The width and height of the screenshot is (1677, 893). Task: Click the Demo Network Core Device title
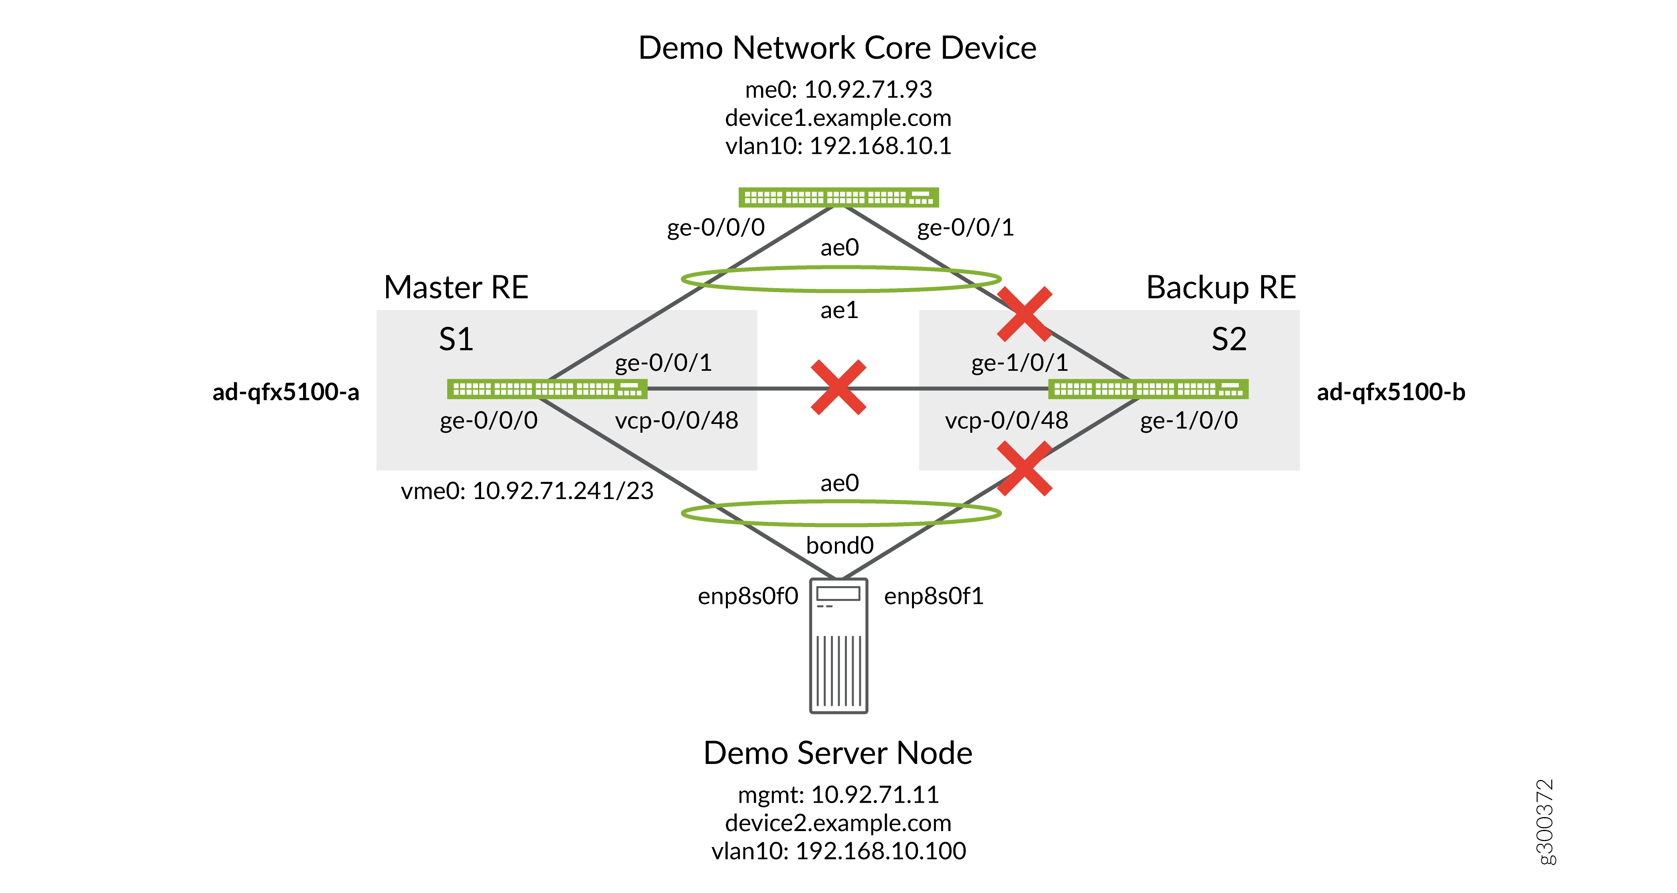pyautogui.click(x=837, y=48)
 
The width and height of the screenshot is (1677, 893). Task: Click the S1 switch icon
pyautogui.click(x=547, y=389)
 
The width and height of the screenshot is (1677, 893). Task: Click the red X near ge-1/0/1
pyautogui.click(x=1025, y=314)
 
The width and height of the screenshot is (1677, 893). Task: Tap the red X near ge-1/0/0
pyautogui.click(x=1025, y=468)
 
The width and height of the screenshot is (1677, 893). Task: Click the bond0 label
pyautogui.click(x=840, y=545)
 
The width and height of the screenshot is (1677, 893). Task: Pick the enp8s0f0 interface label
pyautogui.click(x=748, y=596)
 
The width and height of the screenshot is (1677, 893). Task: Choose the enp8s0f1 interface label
pyautogui.click(x=934, y=596)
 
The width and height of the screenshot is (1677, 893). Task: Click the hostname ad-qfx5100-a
pyautogui.click(x=286, y=392)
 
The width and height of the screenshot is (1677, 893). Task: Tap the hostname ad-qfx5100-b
pyautogui.click(x=1391, y=392)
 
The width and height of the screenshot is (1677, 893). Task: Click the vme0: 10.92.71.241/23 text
pyautogui.click(x=527, y=491)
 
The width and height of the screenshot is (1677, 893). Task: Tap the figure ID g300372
pyautogui.click(x=1544, y=822)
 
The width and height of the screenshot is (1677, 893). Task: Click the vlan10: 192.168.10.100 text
pyautogui.click(x=838, y=851)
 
